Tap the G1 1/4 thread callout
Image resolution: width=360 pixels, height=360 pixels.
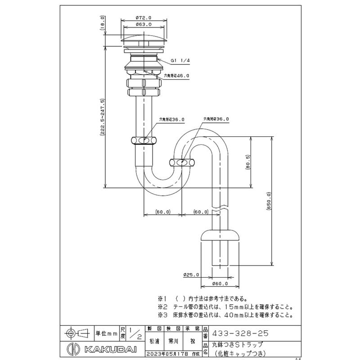point(180,62)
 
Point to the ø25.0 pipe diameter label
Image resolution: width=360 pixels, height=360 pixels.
point(191,274)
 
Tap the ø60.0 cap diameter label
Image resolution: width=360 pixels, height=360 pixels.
point(220,284)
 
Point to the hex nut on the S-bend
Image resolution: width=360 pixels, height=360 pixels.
point(182,162)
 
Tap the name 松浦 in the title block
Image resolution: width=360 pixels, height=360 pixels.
point(154,342)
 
